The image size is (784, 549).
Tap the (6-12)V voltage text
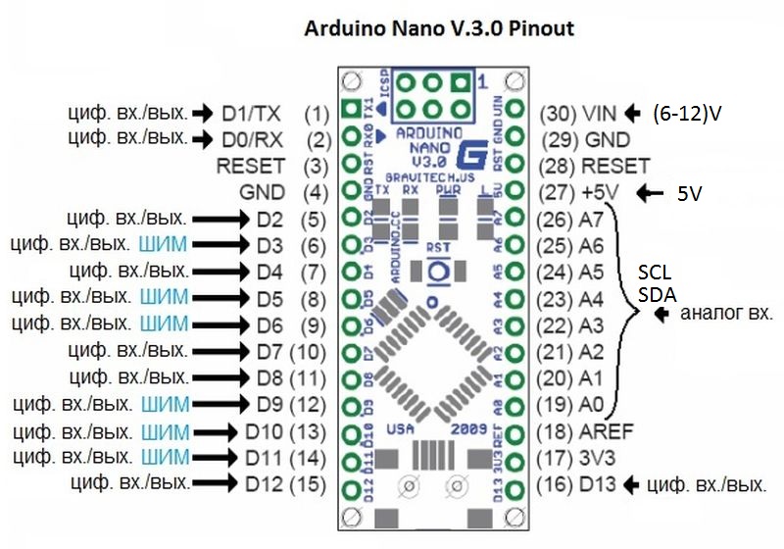coord(686,114)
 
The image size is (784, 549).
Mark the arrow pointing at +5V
coord(650,193)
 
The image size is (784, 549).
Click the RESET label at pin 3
coord(251,166)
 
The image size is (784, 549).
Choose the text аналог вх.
coord(726,315)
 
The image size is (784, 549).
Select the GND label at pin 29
coord(608,139)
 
